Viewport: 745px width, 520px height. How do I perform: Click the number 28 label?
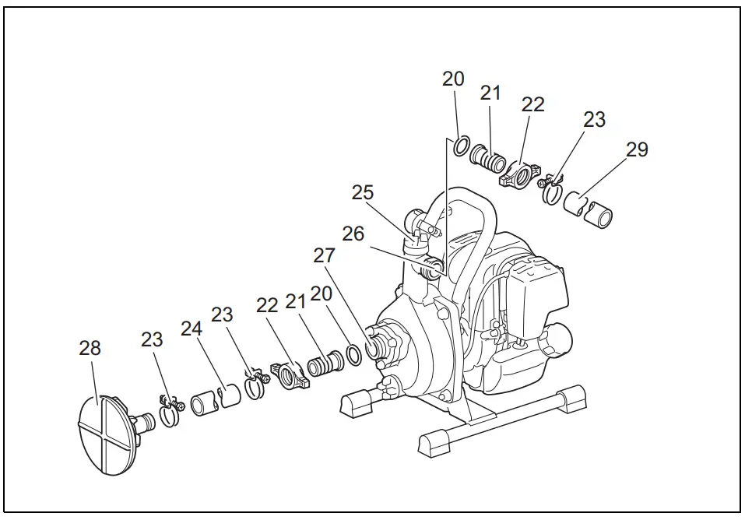90,348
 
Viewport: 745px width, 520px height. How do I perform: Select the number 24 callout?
192,329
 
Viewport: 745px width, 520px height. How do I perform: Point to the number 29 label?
637,149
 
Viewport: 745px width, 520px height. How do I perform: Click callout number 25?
363,192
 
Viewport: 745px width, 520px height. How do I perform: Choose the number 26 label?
353,234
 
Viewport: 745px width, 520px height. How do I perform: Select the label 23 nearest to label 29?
594,120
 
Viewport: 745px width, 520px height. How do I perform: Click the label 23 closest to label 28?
153,339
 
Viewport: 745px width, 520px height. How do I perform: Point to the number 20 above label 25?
453,79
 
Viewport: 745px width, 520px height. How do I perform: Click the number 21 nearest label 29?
490,93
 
